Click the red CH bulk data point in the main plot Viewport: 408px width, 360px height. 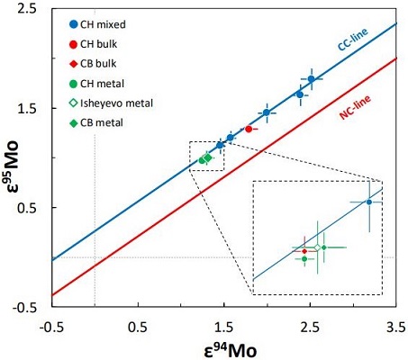click(249, 129)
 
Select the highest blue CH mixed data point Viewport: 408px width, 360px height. click(311, 79)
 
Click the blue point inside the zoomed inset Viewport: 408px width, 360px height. click(368, 202)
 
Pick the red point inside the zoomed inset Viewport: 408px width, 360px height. click(304, 250)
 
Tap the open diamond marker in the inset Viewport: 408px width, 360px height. click(317, 247)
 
